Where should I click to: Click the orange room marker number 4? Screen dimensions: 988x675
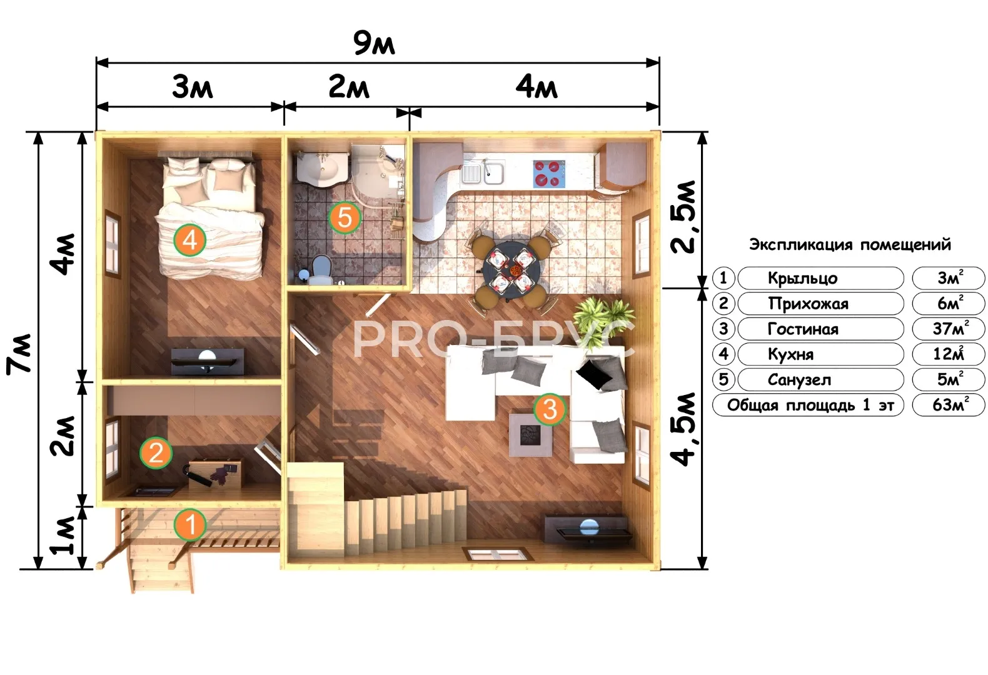coord(189,240)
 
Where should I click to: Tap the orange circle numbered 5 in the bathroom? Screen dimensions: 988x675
coord(345,217)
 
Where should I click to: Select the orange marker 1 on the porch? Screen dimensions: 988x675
coord(190,524)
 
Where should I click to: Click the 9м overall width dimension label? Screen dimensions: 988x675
coord(374,43)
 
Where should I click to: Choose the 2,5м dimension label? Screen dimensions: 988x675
coord(683,217)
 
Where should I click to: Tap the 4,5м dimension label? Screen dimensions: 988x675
coord(683,429)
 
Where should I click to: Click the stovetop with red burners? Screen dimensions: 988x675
coord(548,174)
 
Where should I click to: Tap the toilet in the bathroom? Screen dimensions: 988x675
coord(321,270)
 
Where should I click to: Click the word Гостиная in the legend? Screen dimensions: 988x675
coord(803,329)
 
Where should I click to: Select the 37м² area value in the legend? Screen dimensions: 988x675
coord(950,329)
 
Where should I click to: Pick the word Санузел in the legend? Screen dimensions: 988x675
coord(799,379)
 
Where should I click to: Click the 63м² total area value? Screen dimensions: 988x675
coord(950,405)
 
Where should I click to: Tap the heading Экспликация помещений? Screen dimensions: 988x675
coord(850,244)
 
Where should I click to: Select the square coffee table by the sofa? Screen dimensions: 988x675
coord(531,434)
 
